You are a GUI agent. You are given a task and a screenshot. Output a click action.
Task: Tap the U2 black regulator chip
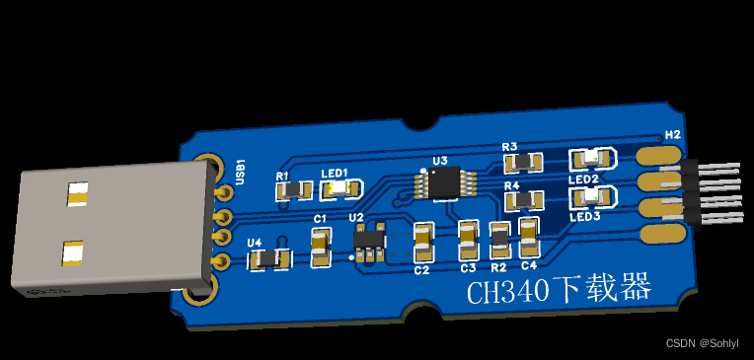(370, 240)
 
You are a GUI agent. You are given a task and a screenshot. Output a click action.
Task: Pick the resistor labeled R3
(521, 162)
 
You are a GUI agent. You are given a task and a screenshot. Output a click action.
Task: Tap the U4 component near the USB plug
(268, 258)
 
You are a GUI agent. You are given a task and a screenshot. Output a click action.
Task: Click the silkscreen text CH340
(507, 292)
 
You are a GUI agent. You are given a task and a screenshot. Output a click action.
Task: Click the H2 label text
(673, 135)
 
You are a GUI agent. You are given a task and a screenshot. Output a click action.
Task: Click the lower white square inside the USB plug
(72, 254)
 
